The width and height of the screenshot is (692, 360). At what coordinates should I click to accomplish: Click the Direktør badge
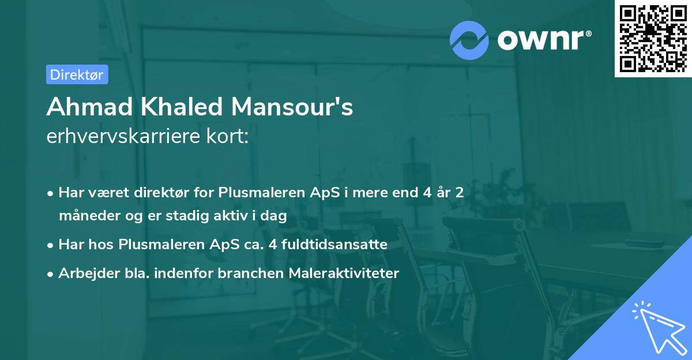point(77,74)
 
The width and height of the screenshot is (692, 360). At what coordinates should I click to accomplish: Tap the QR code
point(653,39)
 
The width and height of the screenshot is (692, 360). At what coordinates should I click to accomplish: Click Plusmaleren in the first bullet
point(254,193)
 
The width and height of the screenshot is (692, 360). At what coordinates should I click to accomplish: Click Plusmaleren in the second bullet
point(153,245)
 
